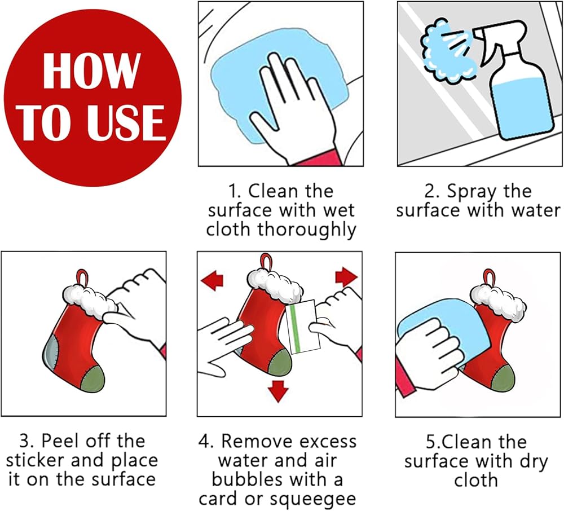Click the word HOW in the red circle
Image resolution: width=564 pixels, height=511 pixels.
pyautogui.click(x=91, y=71)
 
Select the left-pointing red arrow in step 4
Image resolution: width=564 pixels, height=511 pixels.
pyautogui.click(x=212, y=280)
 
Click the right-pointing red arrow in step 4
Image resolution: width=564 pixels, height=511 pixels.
pyautogui.click(x=346, y=277)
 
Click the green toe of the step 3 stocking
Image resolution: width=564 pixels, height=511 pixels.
pyautogui.click(x=92, y=378)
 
